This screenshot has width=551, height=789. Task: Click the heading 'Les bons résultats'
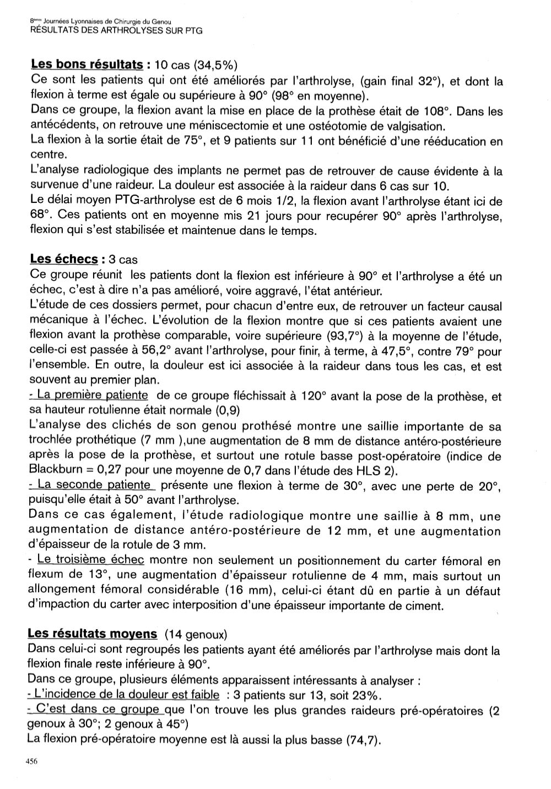point(87,65)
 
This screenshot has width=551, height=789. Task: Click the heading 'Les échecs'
point(64,259)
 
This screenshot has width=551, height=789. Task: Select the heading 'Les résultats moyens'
point(93,635)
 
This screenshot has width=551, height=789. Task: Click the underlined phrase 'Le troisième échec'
point(90,560)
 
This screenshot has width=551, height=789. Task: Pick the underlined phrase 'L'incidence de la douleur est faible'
point(126,695)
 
